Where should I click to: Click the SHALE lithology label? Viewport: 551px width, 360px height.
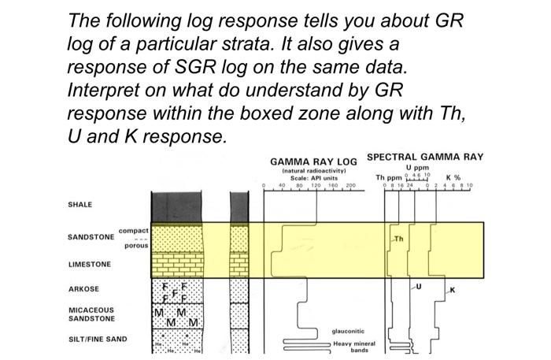coord(80,204)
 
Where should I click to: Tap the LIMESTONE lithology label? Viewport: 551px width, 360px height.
coord(88,265)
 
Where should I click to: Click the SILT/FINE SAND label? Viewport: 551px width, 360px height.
coord(97,340)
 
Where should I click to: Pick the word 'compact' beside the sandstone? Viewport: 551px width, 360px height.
coord(133,230)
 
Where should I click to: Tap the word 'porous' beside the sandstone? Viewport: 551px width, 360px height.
coord(136,246)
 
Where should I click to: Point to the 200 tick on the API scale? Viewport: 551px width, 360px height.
coord(350,186)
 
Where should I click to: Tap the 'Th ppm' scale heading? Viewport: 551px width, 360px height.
coord(388,177)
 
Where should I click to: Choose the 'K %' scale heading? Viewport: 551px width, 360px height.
coord(453,177)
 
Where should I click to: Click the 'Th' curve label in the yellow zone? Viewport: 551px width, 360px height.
coord(398,237)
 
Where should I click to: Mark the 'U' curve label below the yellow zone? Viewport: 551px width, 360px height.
coord(418,288)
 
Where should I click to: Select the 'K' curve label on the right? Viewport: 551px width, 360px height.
coord(452,290)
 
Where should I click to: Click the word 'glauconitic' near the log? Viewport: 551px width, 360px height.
coord(348,332)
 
